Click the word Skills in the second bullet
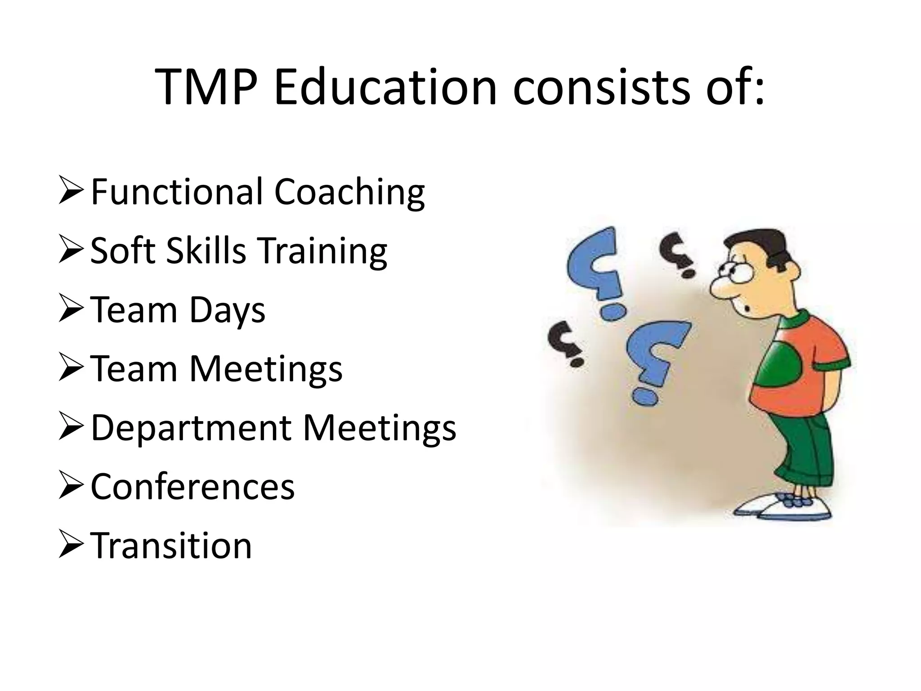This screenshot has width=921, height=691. point(206,251)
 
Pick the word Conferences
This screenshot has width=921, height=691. point(192,487)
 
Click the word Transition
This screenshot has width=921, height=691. point(171,546)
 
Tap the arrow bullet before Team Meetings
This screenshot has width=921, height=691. point(71,369)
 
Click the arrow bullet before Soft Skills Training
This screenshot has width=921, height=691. point(71,251)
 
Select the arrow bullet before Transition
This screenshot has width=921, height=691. point(71,546)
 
